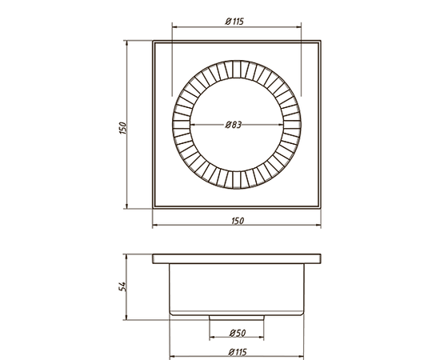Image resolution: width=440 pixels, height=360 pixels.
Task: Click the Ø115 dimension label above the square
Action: coord(234,22)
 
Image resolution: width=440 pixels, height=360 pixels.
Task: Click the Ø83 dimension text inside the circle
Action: coord(233,125)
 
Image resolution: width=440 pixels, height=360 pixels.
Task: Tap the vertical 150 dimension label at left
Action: coord(123,128)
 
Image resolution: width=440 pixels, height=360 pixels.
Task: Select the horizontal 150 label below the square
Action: coord(238,221)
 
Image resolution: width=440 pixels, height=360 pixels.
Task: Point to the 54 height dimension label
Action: coord(122,286)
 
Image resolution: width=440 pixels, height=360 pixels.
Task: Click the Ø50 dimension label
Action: coord(238,333)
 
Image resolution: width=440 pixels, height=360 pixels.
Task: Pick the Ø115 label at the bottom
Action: coord(238,352)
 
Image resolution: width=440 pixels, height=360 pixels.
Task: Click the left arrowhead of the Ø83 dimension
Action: coord(193,124)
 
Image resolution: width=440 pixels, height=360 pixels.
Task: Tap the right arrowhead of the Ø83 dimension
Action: coord(280,124)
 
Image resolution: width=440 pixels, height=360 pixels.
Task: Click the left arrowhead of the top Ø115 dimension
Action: coord(175,27)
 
